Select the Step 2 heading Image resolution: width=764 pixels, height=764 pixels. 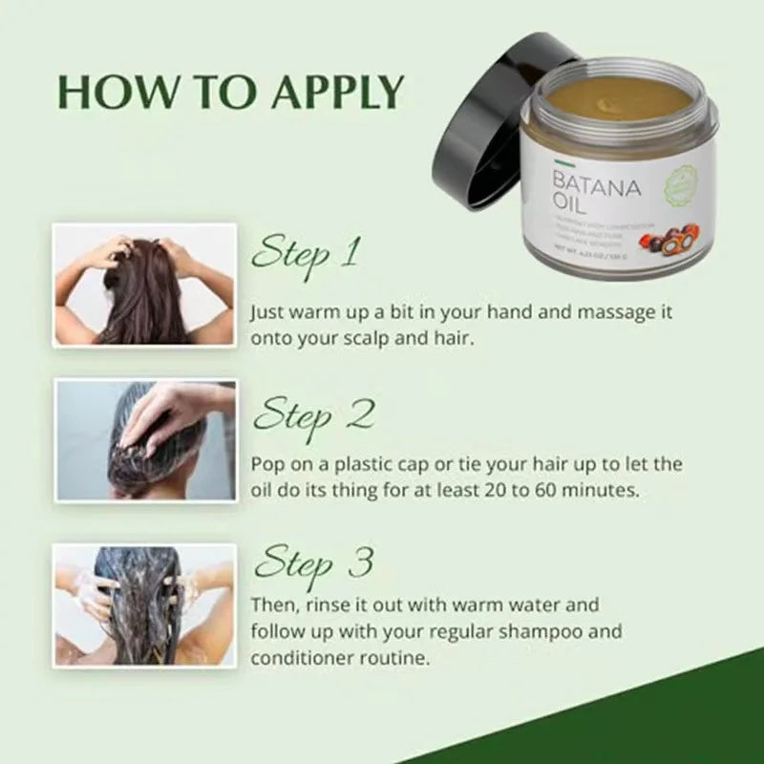click(x=312, y=415)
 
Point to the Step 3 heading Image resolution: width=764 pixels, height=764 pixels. click(x=312, y=562)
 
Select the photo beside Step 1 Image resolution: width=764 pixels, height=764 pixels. click(x=143, y=285)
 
